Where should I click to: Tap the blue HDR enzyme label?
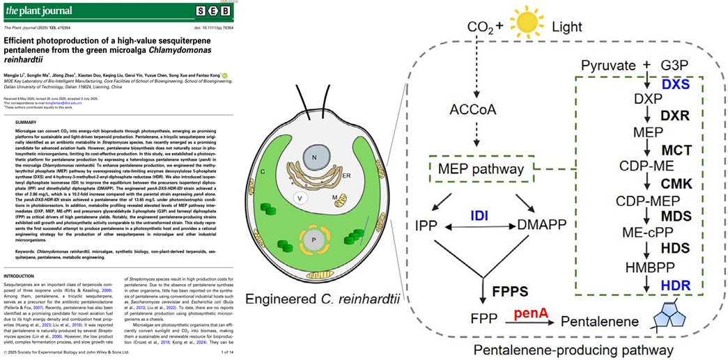(676, 286)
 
